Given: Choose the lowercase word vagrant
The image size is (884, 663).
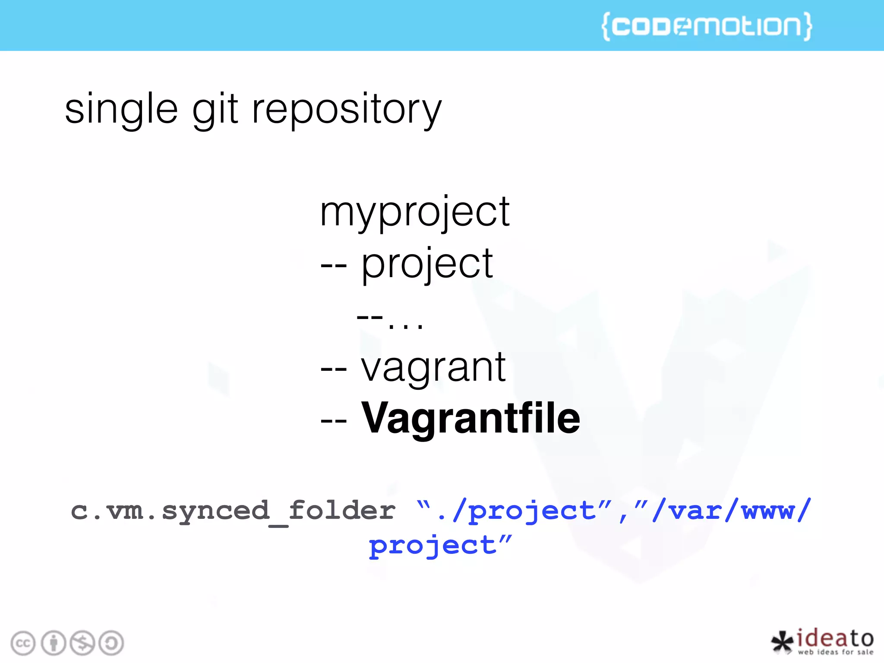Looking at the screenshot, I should (x=433, y=368).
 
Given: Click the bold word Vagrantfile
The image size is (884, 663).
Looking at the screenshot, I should (x=470, y=418).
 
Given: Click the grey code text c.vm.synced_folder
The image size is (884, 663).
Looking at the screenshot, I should (x=233, y=511).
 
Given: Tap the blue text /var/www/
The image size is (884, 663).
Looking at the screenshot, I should (x=729, y=511).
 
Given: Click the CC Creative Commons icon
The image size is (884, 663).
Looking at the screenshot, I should (x=23, y=643).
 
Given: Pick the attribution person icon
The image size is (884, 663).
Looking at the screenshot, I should (x=54, y=643).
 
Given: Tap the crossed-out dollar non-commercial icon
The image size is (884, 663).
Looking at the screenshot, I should (x=82, y=643).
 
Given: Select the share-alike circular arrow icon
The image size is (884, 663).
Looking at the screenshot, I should (x=111, y=643).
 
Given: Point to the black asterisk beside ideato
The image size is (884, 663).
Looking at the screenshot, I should (x=782, y=642).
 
